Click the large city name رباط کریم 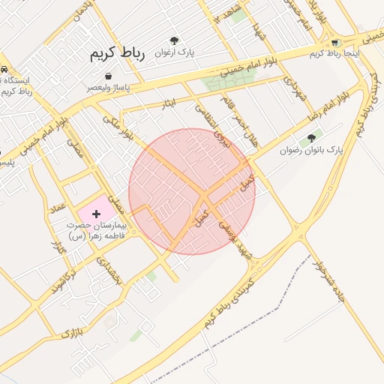117,54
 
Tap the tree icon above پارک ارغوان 175,40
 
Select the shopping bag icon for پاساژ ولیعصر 109,76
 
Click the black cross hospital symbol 96,214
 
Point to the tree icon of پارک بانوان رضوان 311,138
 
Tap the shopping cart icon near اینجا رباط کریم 334,43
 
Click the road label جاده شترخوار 329,280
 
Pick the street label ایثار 169,103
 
